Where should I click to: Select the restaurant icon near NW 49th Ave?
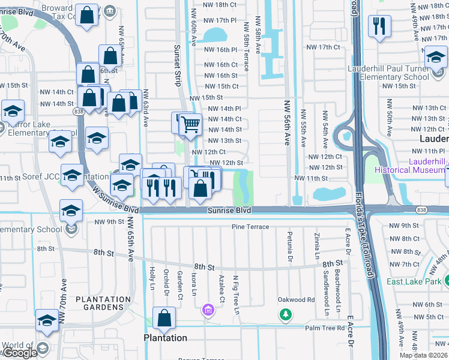[x=379, y=26]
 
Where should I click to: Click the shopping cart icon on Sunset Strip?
[x=191, y=125]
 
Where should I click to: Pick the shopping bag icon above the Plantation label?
[x=164, y=319]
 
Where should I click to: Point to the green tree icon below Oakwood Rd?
[x=286, y=314]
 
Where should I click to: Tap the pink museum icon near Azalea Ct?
[x=208, y=310]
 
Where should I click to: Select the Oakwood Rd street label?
[x=296, y=299]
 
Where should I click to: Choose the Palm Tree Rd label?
[x=325, y=328]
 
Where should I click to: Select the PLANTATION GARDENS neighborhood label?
[x=103, y=304]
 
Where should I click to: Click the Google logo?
[x=20, y=353]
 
